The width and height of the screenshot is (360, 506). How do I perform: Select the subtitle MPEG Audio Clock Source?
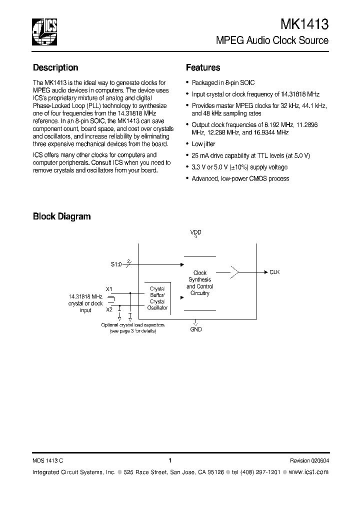[x=271, y=40]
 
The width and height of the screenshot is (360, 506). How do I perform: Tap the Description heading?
[x=55, y=67]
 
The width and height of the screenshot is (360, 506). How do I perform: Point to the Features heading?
[x=203, y=67]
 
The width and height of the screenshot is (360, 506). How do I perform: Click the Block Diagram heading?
[x=61, y=216]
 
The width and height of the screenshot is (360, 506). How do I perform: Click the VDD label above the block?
[x=195, y=232]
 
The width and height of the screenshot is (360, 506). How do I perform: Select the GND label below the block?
[x=196, y=330]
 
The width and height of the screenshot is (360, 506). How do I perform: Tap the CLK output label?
[x=274, y=272]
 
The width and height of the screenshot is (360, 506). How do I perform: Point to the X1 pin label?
[x=109, y=289]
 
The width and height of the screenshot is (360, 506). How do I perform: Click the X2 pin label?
[x=109, y=310]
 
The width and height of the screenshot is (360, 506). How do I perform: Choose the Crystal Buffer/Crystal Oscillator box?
[x=157, y=298]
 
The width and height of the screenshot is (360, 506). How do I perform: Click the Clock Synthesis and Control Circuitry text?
[x=200, y=283]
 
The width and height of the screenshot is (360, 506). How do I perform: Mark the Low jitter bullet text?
[x=203, y=144]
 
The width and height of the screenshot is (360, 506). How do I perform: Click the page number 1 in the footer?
[x=170, y=460]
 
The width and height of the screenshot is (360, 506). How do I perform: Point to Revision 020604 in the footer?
[x=309, y=461]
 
